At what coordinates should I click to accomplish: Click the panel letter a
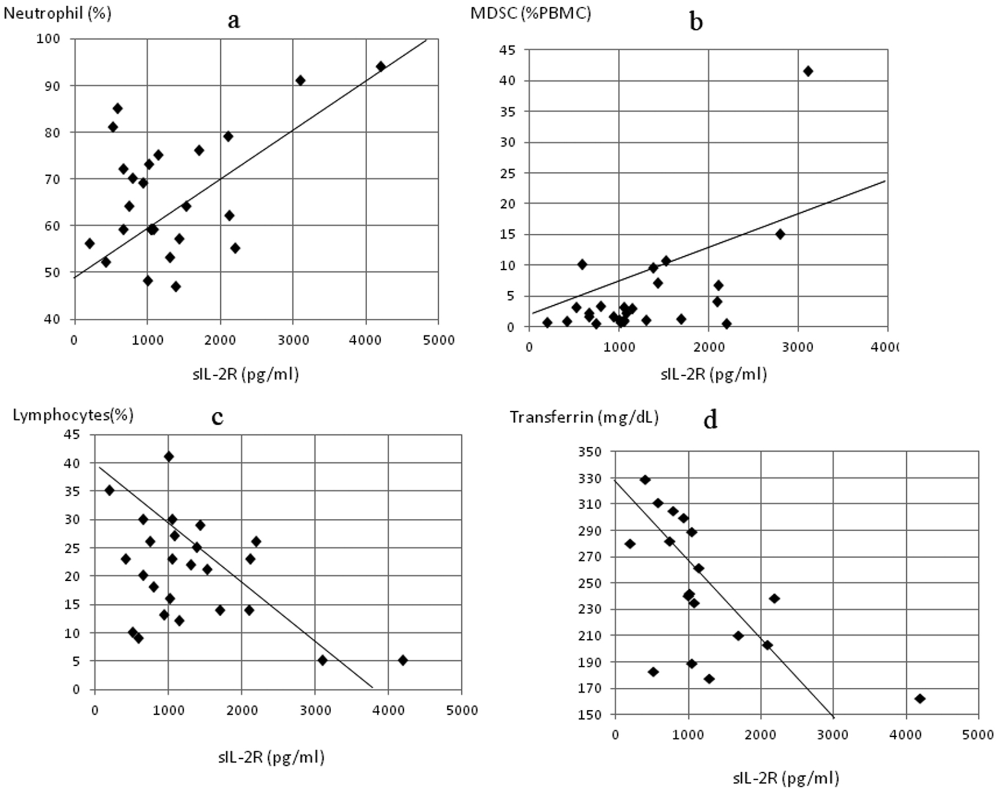pyautogui.click(x=234, y=21)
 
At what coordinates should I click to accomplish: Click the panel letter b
pyautogui.click(x=696, y=22)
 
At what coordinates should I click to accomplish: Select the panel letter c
pyautogui.click(x=217, y=417)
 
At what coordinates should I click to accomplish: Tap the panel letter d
pyautogui.click(x=710, y=420)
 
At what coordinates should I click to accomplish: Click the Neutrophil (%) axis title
pyautogui.click(x=57, y=14)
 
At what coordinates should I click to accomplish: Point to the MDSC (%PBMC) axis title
pyautogui.click(x=531, y=13)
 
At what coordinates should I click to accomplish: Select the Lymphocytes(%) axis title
pyautogui.click(x=73, y=415)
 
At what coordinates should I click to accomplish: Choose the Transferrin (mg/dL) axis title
pyautogui.click(x=584, y=417)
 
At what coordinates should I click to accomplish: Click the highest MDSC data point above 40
pyautogui.click(x=808, y=71)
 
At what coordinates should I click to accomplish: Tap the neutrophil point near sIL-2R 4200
pyautogui.click(x=381, y=66)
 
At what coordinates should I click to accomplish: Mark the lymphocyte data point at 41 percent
pyautogui.click(x=168, y=457)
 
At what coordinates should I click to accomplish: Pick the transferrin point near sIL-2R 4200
pyautogui.click(x=920, y=698)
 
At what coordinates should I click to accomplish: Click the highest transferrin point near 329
pyautogui.click(x=645, y=479)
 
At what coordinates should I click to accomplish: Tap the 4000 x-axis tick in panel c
pyautogui.click(x=388, y=710)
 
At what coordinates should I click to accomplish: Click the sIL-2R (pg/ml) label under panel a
pyautogui.click(x=245, y=374)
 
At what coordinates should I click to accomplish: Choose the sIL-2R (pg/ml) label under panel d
pyautogui.click(x=786, y=778)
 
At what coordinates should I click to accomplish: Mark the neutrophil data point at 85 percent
pyautogui.click(x=118, y=108)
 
